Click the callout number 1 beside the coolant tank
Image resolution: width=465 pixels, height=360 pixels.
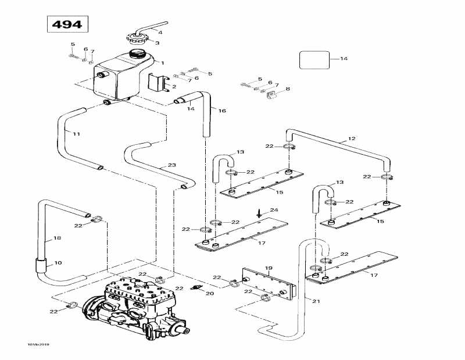[163, 63]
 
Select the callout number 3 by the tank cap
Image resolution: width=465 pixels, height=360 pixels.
[157, 42]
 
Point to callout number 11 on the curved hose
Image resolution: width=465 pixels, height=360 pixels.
[76, 134]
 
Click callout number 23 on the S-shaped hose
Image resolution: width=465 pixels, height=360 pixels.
[171, 166]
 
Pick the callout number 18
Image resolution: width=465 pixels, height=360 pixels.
[56, 238]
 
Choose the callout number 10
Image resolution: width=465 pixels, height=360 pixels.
[58, 263]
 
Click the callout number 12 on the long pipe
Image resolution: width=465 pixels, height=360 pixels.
[352, 139]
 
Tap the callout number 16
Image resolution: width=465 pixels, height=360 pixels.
[221, 111]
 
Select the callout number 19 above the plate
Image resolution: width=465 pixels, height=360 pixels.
[269, 269]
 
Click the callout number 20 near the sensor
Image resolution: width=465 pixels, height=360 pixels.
[210, 294]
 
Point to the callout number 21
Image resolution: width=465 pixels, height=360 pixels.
[316, 301]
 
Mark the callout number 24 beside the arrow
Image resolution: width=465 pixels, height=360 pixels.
[274, 210]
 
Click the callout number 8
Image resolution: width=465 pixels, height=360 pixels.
[287, 89]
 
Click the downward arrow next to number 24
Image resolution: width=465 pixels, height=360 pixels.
[259, 213]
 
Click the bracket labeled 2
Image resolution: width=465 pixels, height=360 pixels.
[158, 82]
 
